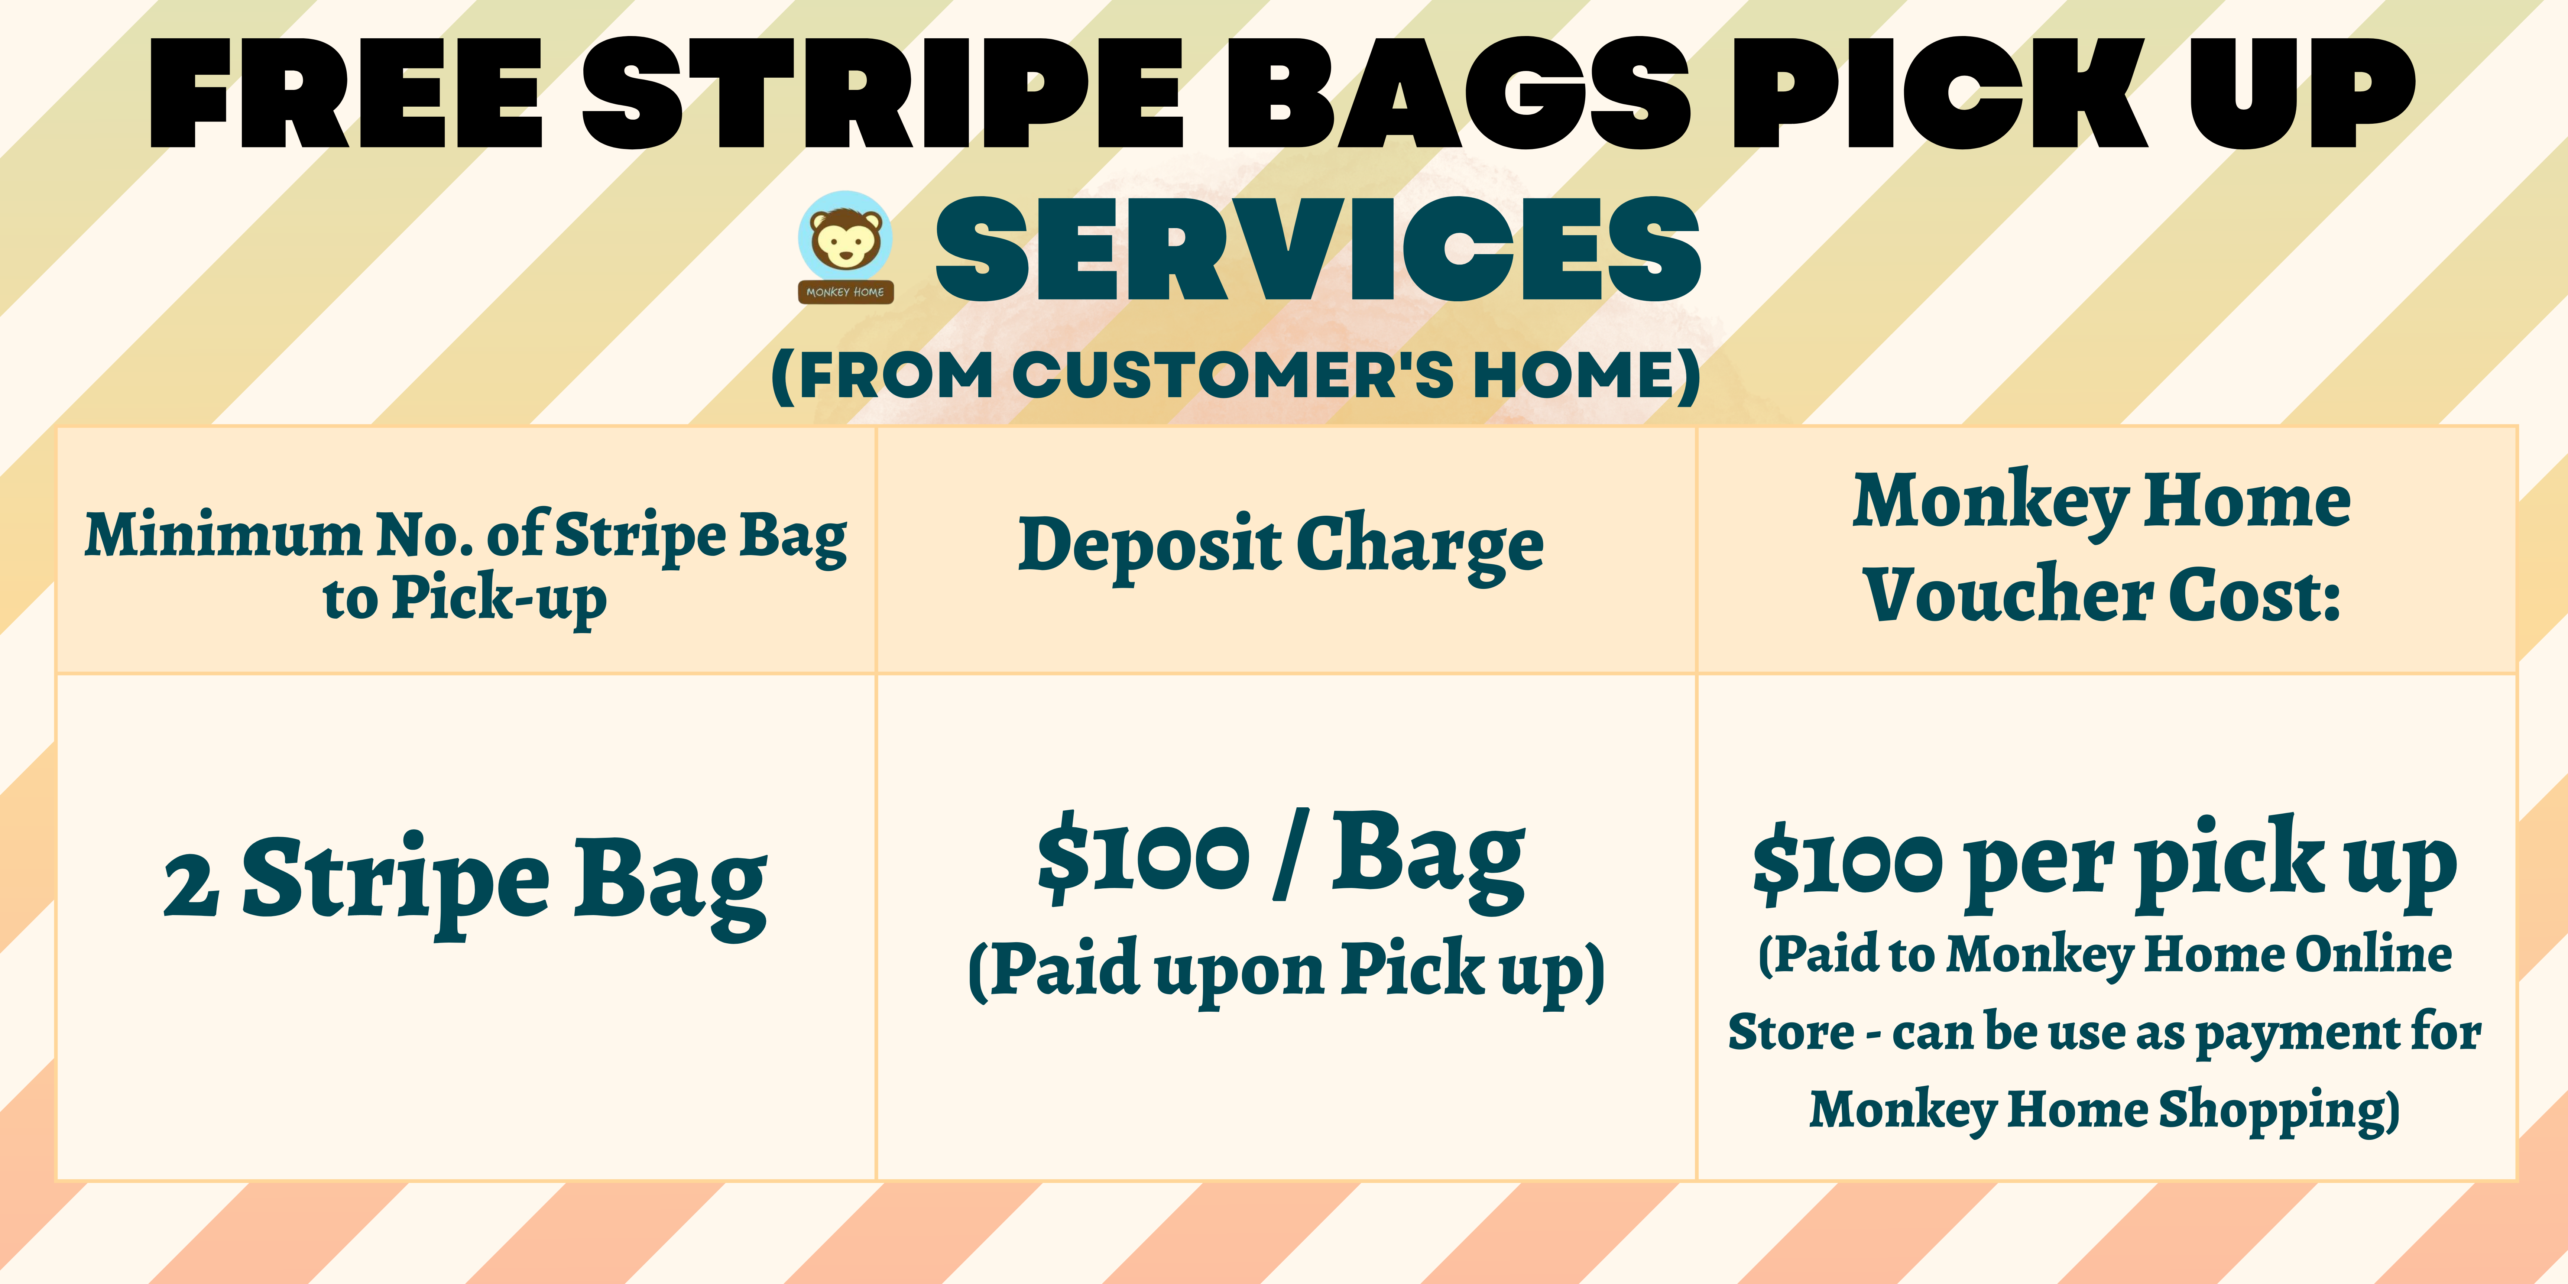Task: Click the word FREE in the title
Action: click(346, 95)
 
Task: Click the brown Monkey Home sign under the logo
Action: click(845, 292)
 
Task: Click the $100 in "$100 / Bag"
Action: click(1142, 859)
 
